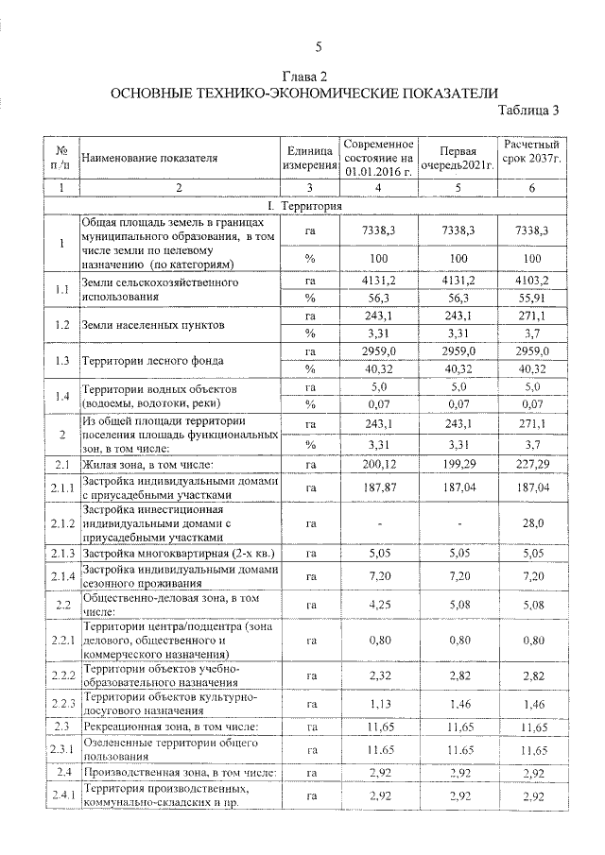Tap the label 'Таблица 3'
coord(528,110)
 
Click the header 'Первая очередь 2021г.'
coord(457,158)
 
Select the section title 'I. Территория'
coord(304,206)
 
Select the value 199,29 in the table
coord(457,464)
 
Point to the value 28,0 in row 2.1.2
coord(531,522)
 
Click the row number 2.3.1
coord(63,749)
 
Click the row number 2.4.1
coord(63,795)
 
